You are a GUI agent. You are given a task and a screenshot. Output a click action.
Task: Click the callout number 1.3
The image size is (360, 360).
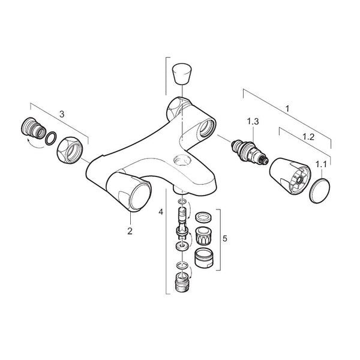[253, 121]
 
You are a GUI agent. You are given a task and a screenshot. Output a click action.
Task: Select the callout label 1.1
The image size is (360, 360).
[323, 163]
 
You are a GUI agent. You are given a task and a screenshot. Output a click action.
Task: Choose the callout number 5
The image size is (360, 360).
[224, 238]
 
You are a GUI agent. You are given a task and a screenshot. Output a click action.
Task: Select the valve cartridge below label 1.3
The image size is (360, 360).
[248, 152]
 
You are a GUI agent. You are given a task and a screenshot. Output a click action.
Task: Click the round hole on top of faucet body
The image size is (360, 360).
[179, 161]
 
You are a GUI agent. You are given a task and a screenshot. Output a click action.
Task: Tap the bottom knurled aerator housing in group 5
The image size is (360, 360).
[204, 257]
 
